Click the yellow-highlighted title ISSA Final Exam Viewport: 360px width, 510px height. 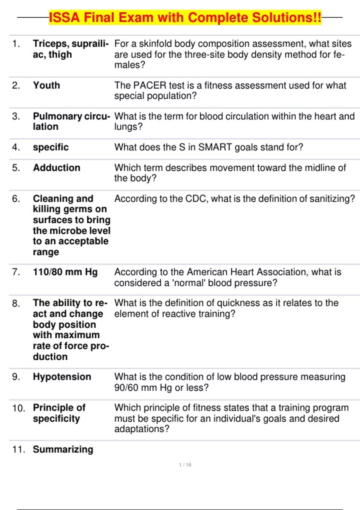pyautogui.click(x=185, y=17)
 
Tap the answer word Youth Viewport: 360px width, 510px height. pyautogui.click(x=46, y=85)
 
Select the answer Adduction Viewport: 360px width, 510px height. pyautogui.click(x=57, y=168)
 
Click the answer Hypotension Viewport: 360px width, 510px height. pyautogui.click(x=62, y=377)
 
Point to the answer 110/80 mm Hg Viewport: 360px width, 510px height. pyautogui.click(x=65, y=272)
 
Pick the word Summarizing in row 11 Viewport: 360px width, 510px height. pyautogui.click(x=63, y=449)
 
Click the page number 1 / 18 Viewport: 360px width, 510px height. pyautogui.click(x=185, y=465)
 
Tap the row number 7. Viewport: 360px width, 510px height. pyautogui.click(x=16, y=272)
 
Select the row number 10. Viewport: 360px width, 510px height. pyautogui.click(x=18, y=408)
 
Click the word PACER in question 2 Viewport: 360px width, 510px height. pyautogui.click(x=149, y=85)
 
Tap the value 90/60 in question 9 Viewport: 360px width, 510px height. pyautogui.click(x=126, y=388)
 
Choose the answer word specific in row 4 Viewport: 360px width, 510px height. pyautogui.click(x=51, y=147)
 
